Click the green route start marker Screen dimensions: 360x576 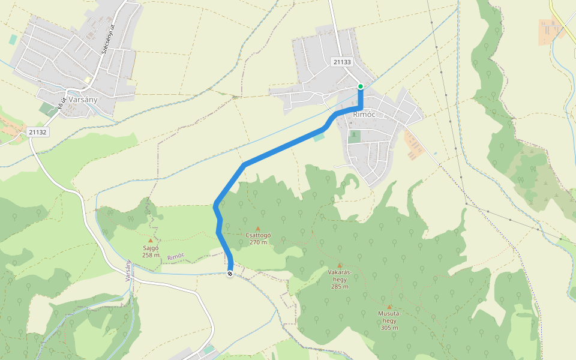click(361, 86)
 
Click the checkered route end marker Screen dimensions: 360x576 click(230, 274)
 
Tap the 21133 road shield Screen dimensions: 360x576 click(341, 61)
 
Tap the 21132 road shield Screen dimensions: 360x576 click(37, 131)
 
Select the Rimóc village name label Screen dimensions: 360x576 click(364, 114)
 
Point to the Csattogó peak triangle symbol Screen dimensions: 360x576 click(258, 228)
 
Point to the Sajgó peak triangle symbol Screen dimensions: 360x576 click(151, 241)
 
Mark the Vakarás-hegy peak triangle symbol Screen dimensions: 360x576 click(340, 265)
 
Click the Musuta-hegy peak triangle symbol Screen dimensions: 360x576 click(389, 307)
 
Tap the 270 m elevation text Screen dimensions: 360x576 click(258, 242)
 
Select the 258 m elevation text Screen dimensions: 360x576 click(151, 254)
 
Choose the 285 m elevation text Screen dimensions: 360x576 click(340, 286)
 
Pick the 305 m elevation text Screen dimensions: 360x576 click(389, 328)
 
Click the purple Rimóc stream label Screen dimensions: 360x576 click(176, 256)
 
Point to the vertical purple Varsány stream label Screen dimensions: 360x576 click(128, 271)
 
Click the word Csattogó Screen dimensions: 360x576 click(258, 235)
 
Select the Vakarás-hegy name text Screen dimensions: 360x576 click(340, 275)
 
